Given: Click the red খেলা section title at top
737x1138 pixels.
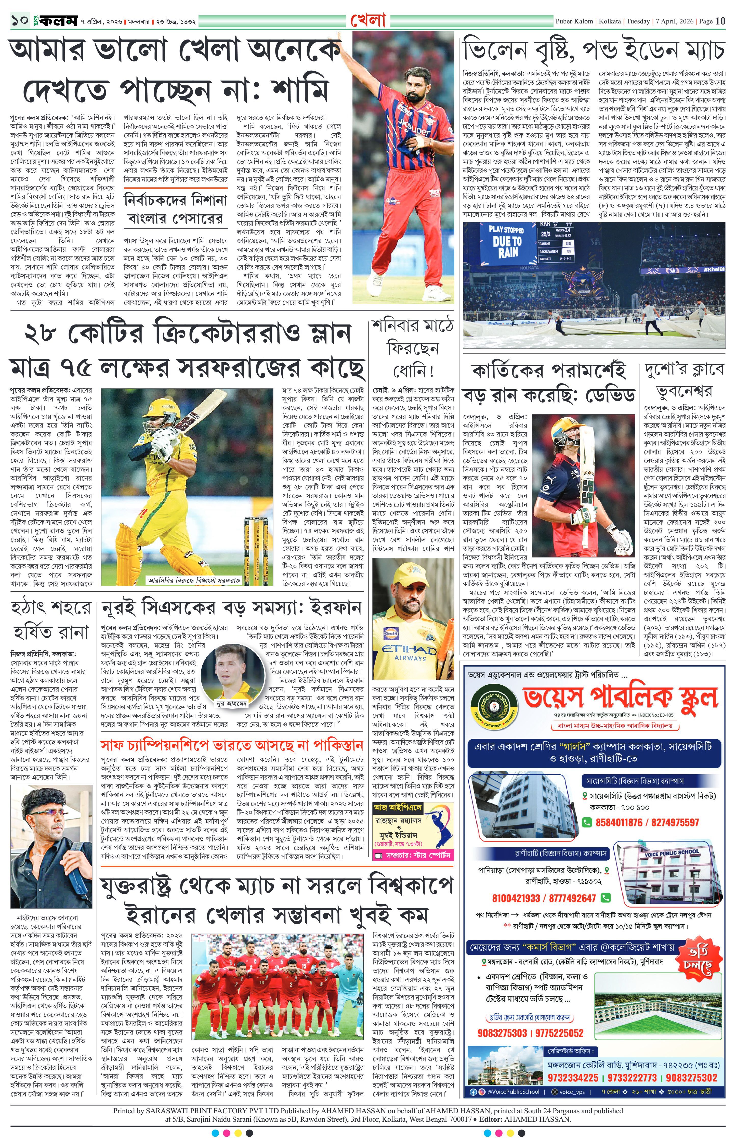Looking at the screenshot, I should [x=368, y=20].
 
